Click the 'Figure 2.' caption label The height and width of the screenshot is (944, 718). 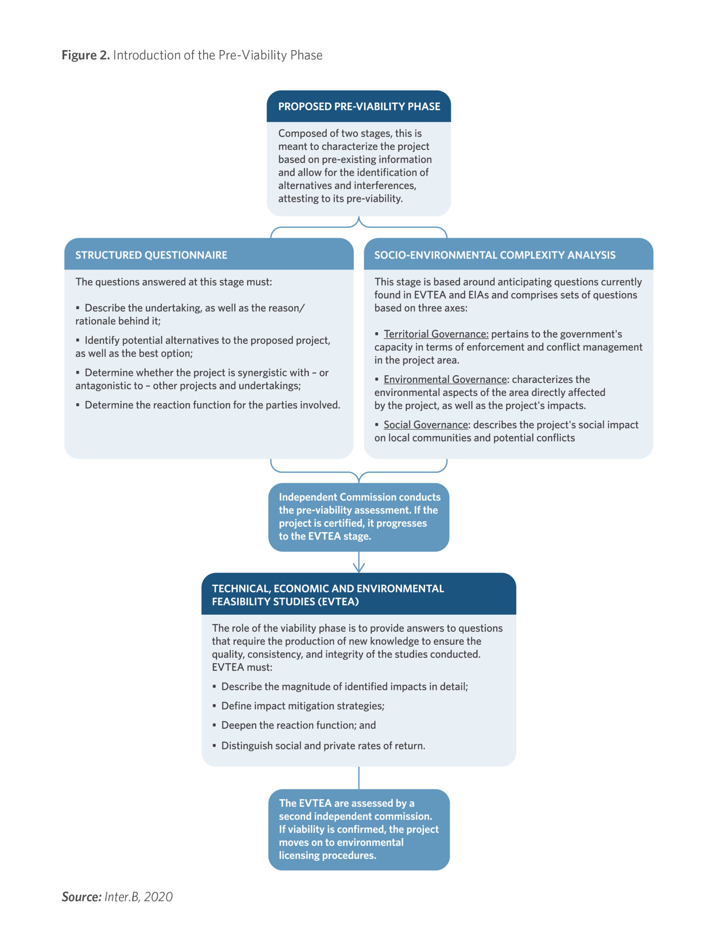pyautogui.click(x=85, y=55)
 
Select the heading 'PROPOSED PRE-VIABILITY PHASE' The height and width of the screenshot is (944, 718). pyautogui.click(x=359, y=107)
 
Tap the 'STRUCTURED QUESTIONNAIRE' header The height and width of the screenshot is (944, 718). pyautogui.click(x=151, y=255)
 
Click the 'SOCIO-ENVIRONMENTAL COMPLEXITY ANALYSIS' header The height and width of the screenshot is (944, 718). pyautogui.click(x=495, y=255)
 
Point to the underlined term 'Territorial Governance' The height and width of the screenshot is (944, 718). pyautogui.click(x=436, y=334)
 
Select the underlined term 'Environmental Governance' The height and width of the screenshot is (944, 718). pyautogui.click(x=445, y=379)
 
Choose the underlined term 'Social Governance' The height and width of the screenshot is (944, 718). pyautogui.click(x=425, y=425)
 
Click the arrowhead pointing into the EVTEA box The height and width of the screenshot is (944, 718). pyautogui.click(x=359, y=568)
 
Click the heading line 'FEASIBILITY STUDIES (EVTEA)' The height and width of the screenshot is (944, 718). pyautogui.click(x=285, y=601)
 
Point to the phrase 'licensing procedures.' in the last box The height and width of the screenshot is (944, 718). pyautogui.click(x=328, y=855)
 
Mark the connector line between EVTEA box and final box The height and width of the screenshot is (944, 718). pyautogui.click(x=359, y=778)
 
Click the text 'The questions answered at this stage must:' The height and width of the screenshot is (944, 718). pyautogui.click(x=174, y=282)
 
